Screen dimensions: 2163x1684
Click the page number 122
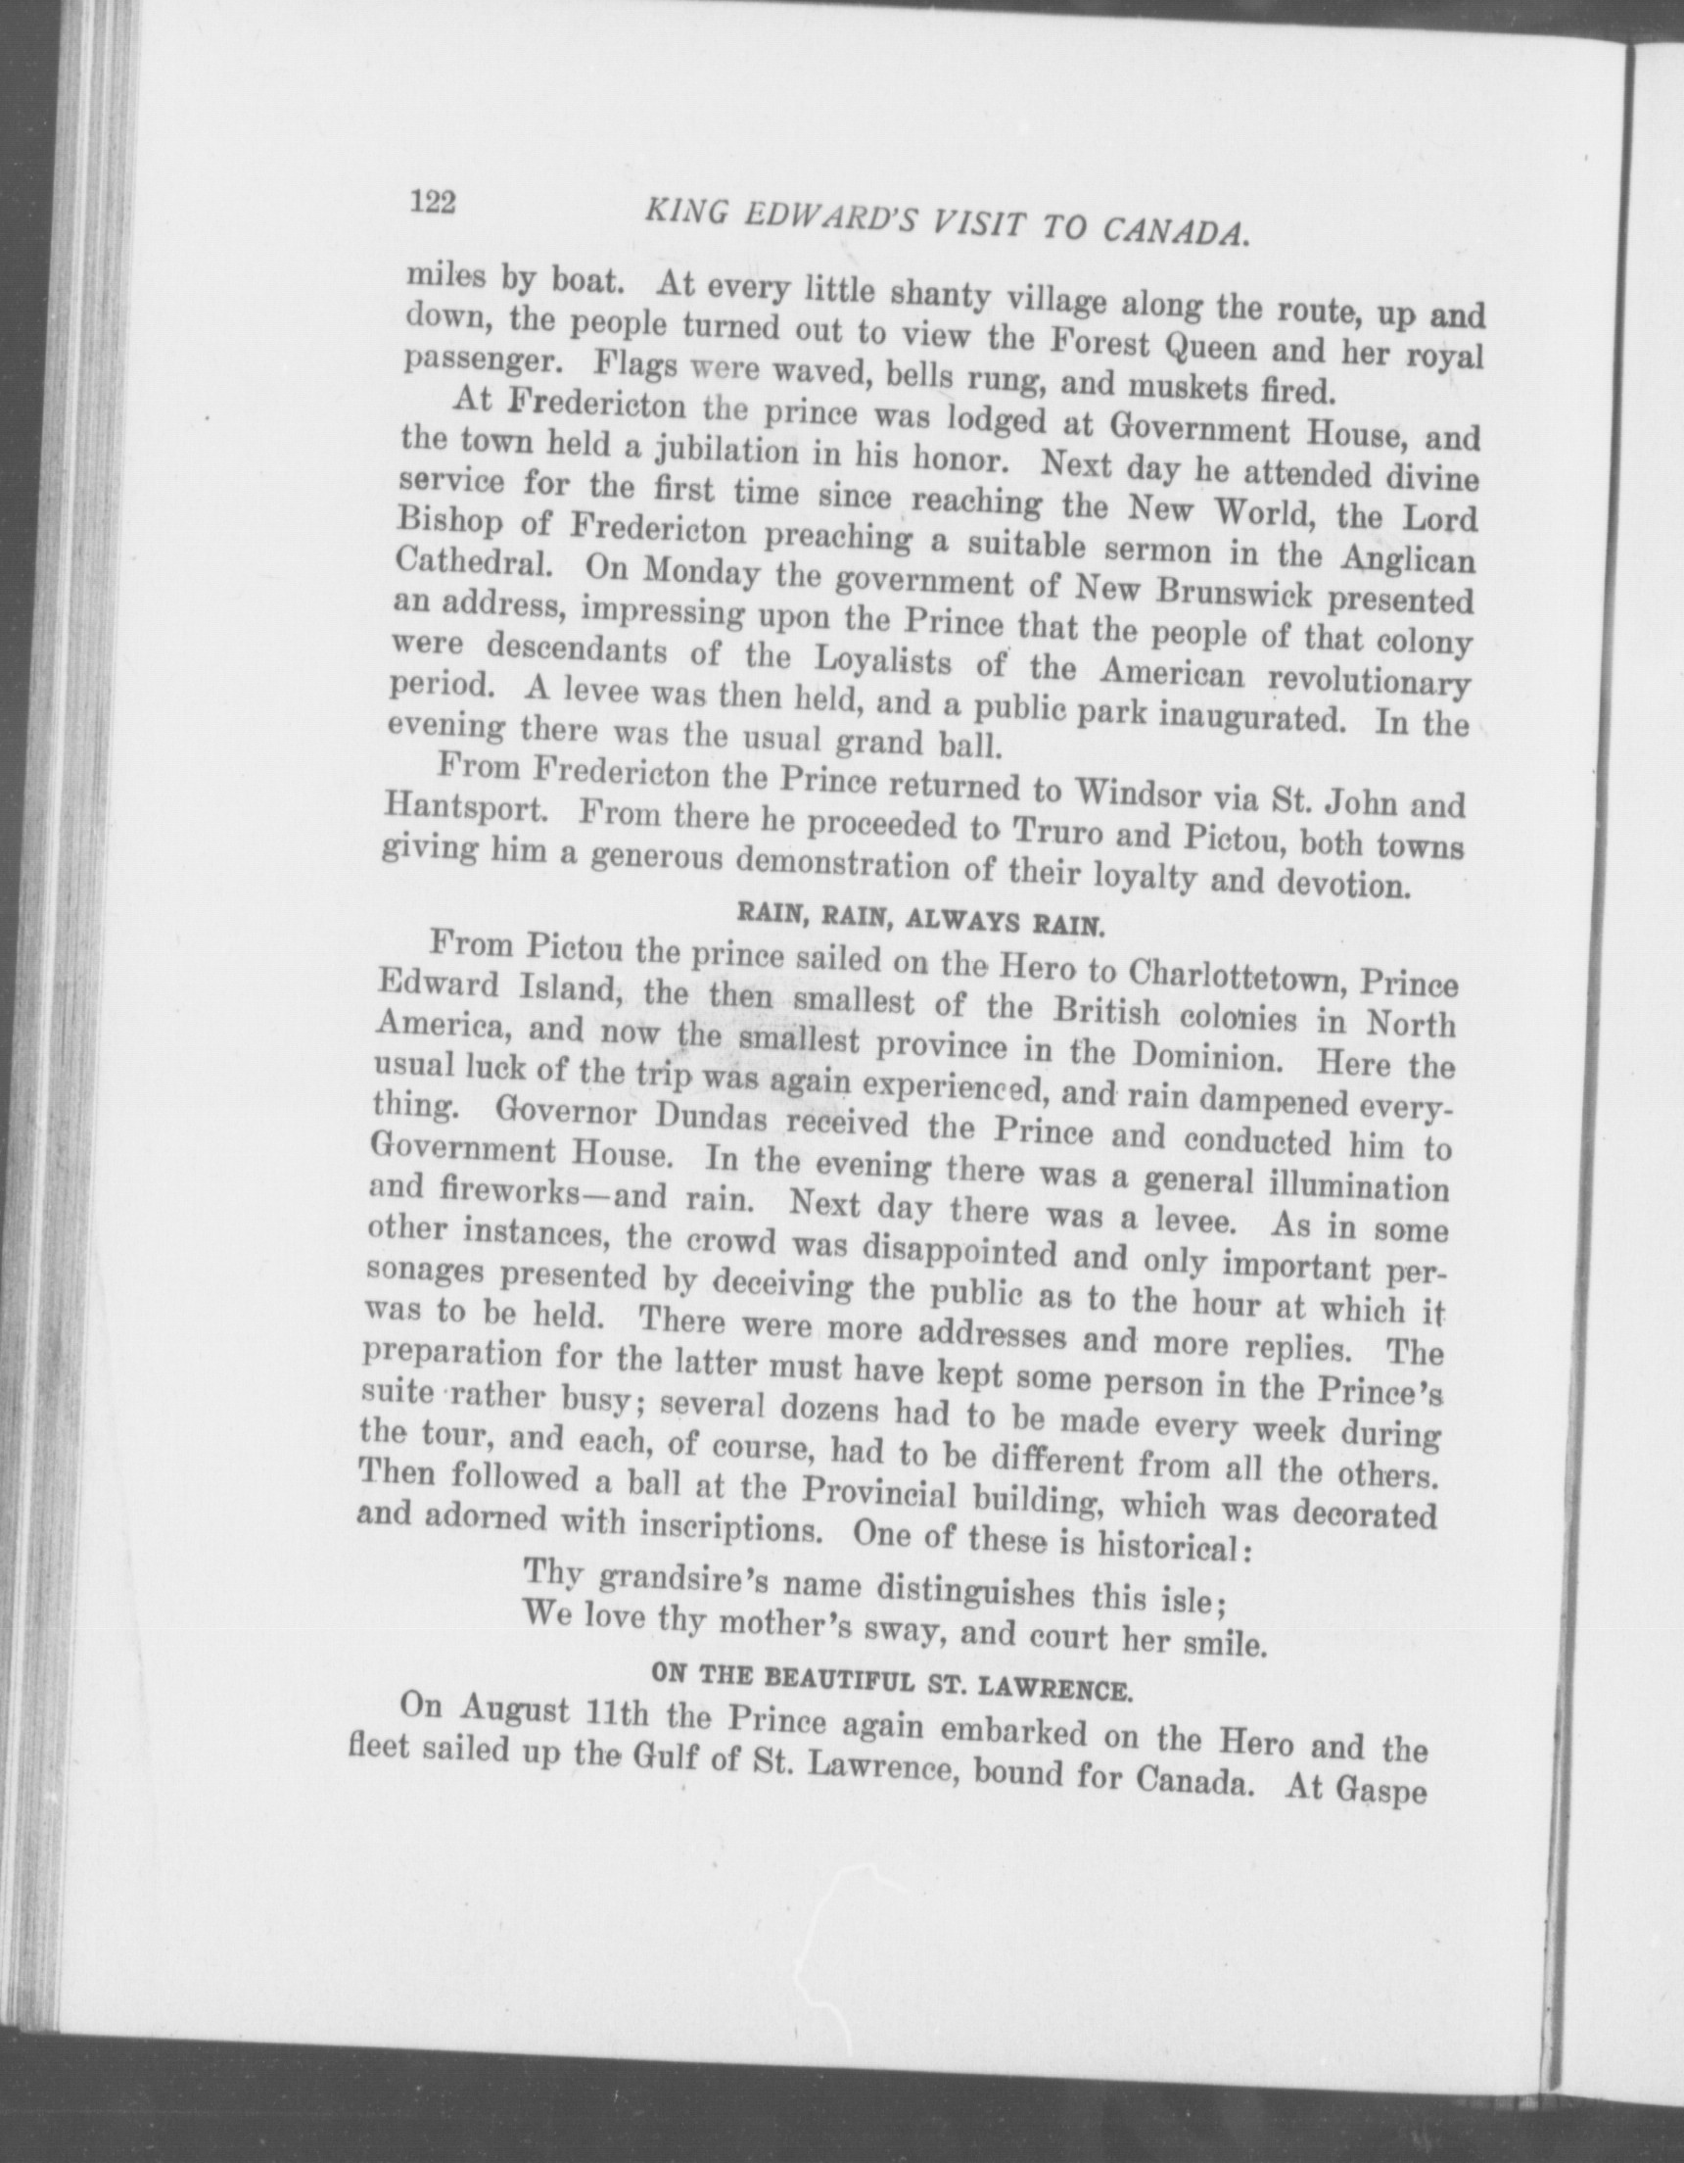[x=432, y=203]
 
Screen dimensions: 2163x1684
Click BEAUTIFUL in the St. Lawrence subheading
[x=852, y=1679]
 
